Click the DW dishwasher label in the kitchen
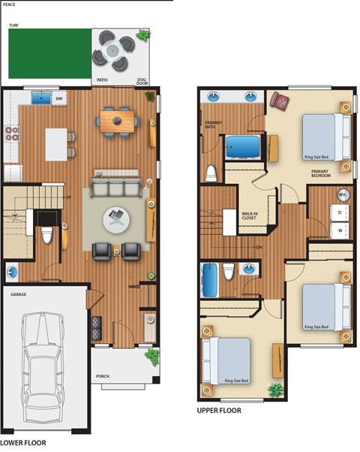[x=59, y=98]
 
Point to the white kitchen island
[x=57, y=144]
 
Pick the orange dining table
[x=116, y=120]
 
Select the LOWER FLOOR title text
[x=23, y=444]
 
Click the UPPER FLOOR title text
[x=218, y=411]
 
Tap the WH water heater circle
[x=343, y=195]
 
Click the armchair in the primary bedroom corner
[x=280, y=101]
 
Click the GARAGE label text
[x=19, y=294]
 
